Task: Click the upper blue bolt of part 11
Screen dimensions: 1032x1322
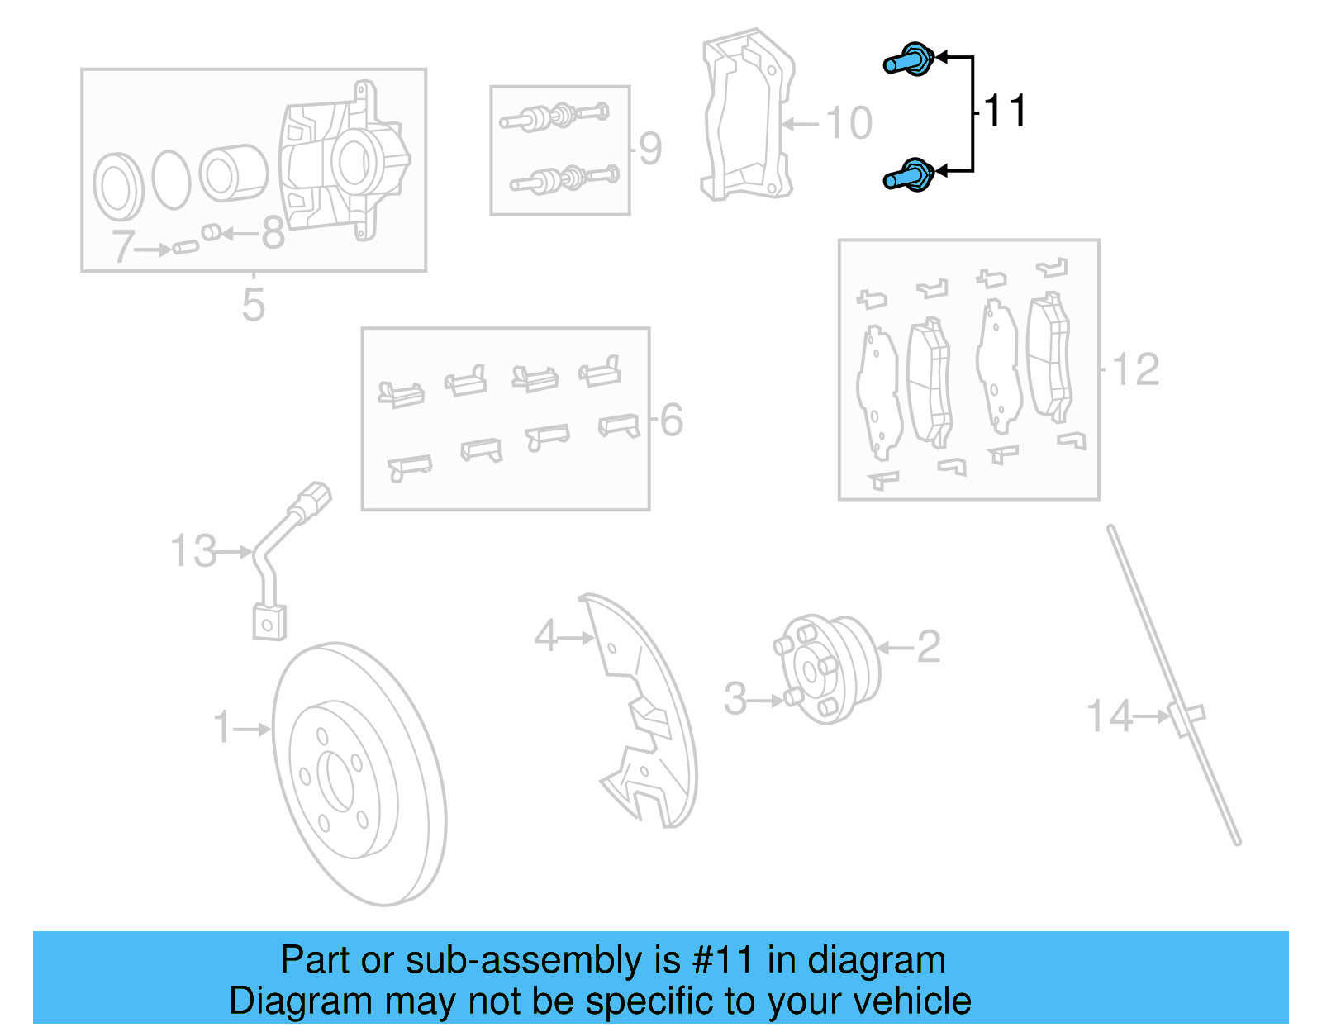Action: click(x=909, y=60)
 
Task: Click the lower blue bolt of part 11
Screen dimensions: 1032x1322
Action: click(x=909, y=176)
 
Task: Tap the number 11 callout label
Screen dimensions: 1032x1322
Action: click(x=1006, y=111)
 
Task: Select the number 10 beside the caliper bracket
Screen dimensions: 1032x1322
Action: click(x=849, y=123)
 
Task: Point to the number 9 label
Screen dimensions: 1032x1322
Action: click(x=650, y=149)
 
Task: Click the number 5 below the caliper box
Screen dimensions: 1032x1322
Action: click(x=253, y=304)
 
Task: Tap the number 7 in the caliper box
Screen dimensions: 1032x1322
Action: click(x=124, y=246)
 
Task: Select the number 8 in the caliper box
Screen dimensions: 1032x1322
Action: click(x=273, y=233)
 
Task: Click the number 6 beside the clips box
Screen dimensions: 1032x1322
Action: click(x=672, y=420)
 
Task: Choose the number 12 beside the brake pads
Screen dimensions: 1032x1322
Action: click(x=1136, y=369)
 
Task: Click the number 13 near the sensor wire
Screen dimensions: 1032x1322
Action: click(x=194, y=551)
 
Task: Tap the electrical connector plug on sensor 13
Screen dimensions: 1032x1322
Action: click(x=312, y=502)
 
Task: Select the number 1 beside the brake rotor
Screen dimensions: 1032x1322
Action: click(x=222, y=727)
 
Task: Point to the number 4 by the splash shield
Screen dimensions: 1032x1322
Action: click(x=546, y=636)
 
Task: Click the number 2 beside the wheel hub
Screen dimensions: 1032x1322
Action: click(x=929, y=646)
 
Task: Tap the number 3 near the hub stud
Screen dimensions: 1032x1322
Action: click(x=735, y=699)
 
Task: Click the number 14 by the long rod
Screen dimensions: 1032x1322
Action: click(x=1109, y=716)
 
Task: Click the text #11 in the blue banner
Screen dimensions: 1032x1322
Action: click(x=722, y=960)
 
